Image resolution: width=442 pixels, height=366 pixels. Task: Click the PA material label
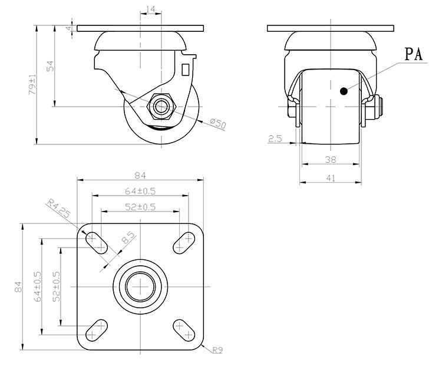tap(414, 54)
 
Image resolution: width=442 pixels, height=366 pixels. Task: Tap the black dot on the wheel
tap(344, 91)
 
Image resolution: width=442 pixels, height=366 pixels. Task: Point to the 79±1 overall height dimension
tap(32, 84)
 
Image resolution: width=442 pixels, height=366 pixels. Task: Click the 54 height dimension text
tap(50, 66)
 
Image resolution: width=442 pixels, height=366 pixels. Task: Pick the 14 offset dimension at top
tap(151, 9)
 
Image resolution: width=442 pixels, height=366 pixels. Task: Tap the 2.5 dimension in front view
tap(275, 139)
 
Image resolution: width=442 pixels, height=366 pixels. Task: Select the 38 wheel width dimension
tap(331, 160)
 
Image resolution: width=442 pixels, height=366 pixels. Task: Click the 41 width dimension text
tap(331, 178)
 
